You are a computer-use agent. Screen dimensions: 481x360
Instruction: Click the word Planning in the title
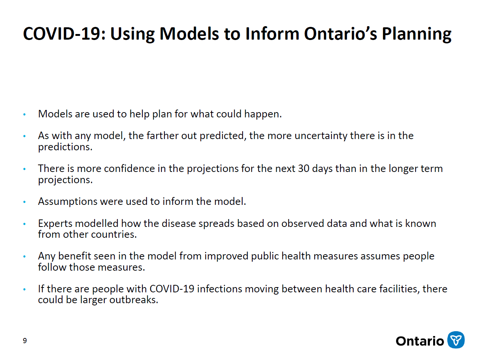pos(416,34)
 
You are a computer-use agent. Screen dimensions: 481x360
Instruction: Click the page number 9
pos(25,341)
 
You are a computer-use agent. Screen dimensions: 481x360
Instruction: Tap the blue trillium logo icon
pos(456,340)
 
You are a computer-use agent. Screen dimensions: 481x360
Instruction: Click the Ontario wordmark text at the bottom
pos(420,341)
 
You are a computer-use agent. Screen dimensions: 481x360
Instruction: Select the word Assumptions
pos(68,202)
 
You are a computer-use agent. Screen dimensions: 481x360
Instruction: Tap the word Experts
pos(56,224)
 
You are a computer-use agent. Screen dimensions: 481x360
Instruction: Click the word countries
pos(114,234)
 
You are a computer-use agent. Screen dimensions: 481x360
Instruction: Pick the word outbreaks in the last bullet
pos(134,300)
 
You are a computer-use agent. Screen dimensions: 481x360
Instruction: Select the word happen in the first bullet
pos(263,114)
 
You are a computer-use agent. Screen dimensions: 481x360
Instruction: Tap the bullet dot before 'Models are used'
pos(24,114)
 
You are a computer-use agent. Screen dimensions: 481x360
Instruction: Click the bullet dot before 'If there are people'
pos(24,289)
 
